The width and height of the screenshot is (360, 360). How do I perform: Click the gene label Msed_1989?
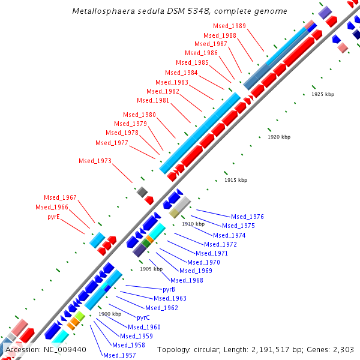click(x=229, y=26)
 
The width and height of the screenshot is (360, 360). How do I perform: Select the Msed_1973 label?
click(x=95, y=161)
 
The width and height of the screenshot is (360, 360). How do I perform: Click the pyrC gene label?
click(x=143, y=317)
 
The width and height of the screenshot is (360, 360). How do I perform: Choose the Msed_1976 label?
click(x=247, y=217)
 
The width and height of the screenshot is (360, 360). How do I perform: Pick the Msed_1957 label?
click(x=119, y=355)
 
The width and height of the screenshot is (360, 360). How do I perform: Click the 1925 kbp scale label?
click(x=323, y=95)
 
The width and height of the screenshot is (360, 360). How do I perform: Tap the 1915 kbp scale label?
click(x=236, y=180)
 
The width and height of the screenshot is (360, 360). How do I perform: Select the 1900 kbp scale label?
click(x=110, y=314)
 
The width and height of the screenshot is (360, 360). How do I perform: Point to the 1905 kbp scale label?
click(x=151, y=269)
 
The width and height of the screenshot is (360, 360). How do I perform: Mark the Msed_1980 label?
click(x=139, y=115)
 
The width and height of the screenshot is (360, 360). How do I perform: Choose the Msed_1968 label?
click(x=187, y=280)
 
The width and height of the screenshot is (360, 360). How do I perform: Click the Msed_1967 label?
click(x=60, y=197)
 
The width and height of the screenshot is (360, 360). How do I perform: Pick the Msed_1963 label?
click(x=170, y=298)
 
